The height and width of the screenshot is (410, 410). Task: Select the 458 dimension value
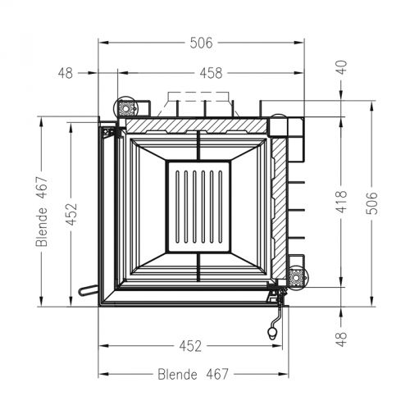212,73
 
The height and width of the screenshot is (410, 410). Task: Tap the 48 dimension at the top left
66,73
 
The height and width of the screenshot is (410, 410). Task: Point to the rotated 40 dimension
342,68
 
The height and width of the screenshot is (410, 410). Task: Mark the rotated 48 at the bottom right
342,339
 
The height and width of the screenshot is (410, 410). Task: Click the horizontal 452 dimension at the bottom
189,345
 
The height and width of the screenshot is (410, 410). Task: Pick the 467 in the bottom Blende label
215,375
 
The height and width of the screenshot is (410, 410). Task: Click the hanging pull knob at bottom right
273,332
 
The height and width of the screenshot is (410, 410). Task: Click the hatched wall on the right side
279,205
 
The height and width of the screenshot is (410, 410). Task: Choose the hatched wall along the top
197,125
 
